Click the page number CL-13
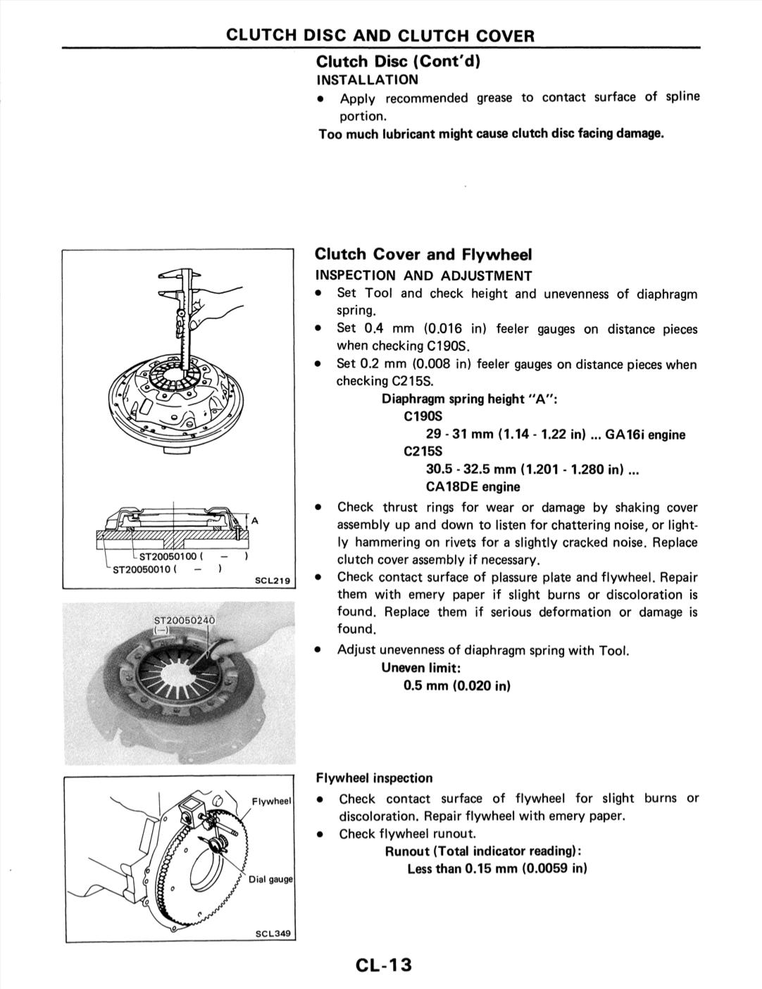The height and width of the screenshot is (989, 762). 384,964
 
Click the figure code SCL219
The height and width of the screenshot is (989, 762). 273,581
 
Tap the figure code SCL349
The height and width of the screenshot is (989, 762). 273,933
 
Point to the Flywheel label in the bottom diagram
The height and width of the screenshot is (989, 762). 272,801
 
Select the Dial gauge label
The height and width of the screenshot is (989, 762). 270,879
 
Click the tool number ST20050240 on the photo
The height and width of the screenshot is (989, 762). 184,620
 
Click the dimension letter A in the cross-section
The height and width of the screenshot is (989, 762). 255,521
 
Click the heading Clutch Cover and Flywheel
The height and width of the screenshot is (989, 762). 423,254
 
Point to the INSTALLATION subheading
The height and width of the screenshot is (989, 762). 367,80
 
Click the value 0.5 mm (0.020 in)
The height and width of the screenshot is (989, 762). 456,685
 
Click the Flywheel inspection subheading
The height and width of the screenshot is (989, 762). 374,778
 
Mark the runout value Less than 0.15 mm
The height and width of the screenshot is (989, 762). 496,869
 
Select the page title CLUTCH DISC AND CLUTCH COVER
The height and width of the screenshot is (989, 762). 380,35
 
